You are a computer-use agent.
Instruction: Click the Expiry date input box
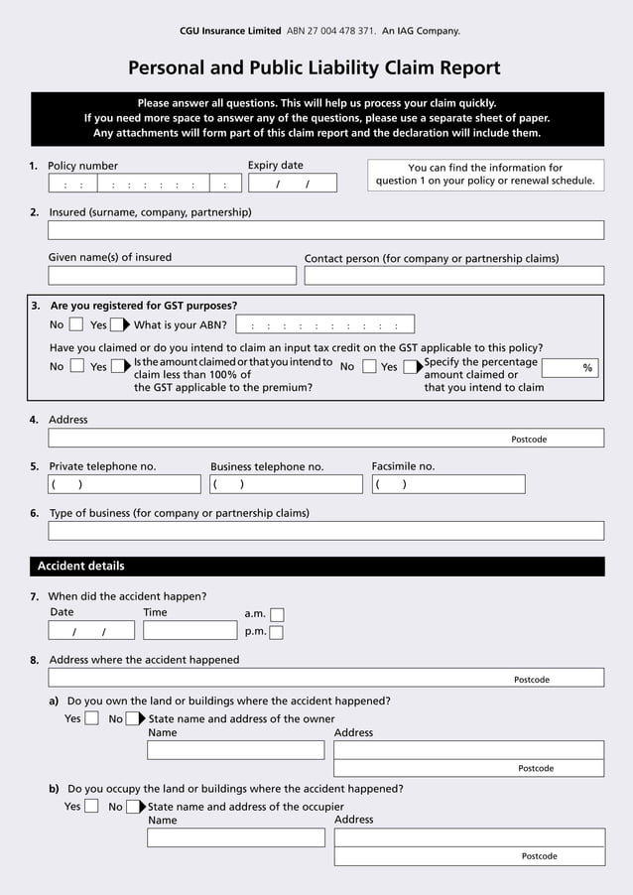point(293,184)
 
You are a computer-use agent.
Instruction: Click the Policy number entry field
point(144,184)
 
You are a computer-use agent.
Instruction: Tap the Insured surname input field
point(325,230)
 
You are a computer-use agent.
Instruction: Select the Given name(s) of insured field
point(172,276)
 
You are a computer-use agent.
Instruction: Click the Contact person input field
point(453,276)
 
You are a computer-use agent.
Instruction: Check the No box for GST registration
point(76,324)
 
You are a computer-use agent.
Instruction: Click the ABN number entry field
point(324,324)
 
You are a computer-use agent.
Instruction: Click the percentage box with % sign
point(571,368)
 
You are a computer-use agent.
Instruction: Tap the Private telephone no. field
point(124,484)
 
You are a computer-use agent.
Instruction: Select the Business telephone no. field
point(286,484)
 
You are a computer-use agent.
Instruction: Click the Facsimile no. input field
point(447,484)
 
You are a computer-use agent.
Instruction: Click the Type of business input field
point(325,531)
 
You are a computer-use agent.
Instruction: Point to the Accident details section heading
point(81,567)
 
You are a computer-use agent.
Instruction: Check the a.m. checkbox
point(277,615)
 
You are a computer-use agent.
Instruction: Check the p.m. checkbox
point(277,632)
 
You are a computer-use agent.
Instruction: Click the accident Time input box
point(190,630)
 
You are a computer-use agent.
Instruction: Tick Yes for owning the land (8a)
point(91,718)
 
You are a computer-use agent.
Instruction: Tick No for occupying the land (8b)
point(132,807)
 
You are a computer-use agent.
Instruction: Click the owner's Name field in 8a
point(235,750)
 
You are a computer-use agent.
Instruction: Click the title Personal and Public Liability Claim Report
point(315,68)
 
